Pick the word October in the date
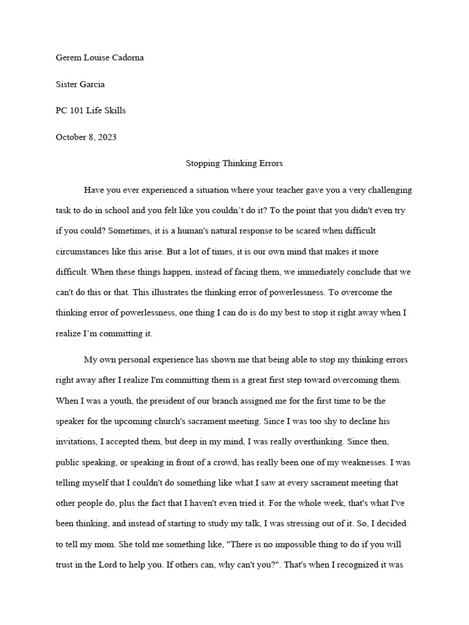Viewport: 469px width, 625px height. tap(71, 137)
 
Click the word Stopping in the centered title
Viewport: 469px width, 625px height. tap(202, 164)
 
